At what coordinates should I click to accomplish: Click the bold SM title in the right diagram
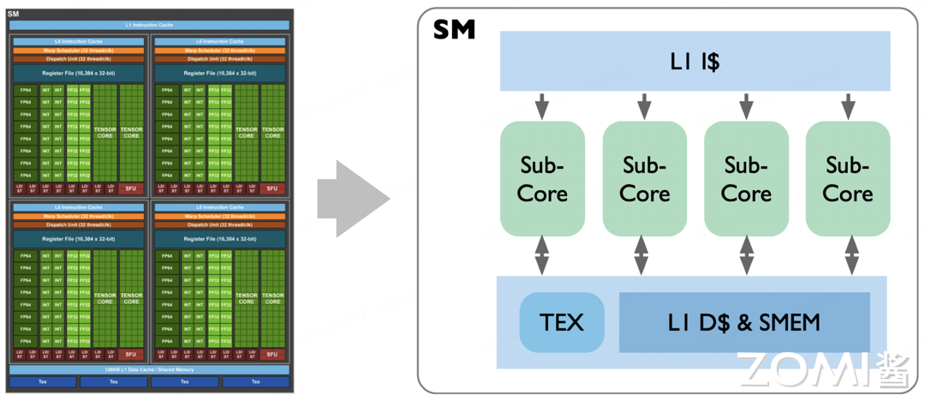(454, 31)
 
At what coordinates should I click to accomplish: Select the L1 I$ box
(695, 61)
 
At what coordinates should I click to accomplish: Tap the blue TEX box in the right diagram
(562, 322)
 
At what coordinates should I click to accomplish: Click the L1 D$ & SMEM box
(743, 322)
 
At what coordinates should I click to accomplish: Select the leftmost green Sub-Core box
(542, 178)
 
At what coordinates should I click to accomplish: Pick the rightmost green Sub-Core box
(847, 178)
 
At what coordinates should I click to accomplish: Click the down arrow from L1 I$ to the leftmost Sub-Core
(542, 106)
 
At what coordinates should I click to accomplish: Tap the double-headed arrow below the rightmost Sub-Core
(850, 255)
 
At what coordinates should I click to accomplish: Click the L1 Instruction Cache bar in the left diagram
(149, 25)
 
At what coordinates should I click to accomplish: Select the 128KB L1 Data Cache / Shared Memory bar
(149, 369)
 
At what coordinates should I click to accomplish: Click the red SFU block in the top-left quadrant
(130, 189)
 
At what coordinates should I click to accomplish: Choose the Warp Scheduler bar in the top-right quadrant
(220, 50)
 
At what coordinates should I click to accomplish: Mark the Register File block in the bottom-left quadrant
(79, 239)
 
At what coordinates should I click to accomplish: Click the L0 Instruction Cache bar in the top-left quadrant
(79, 41)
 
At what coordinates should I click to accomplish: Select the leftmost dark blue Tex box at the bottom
(43, 382)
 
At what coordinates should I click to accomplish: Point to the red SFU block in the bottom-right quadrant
(272, 355)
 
